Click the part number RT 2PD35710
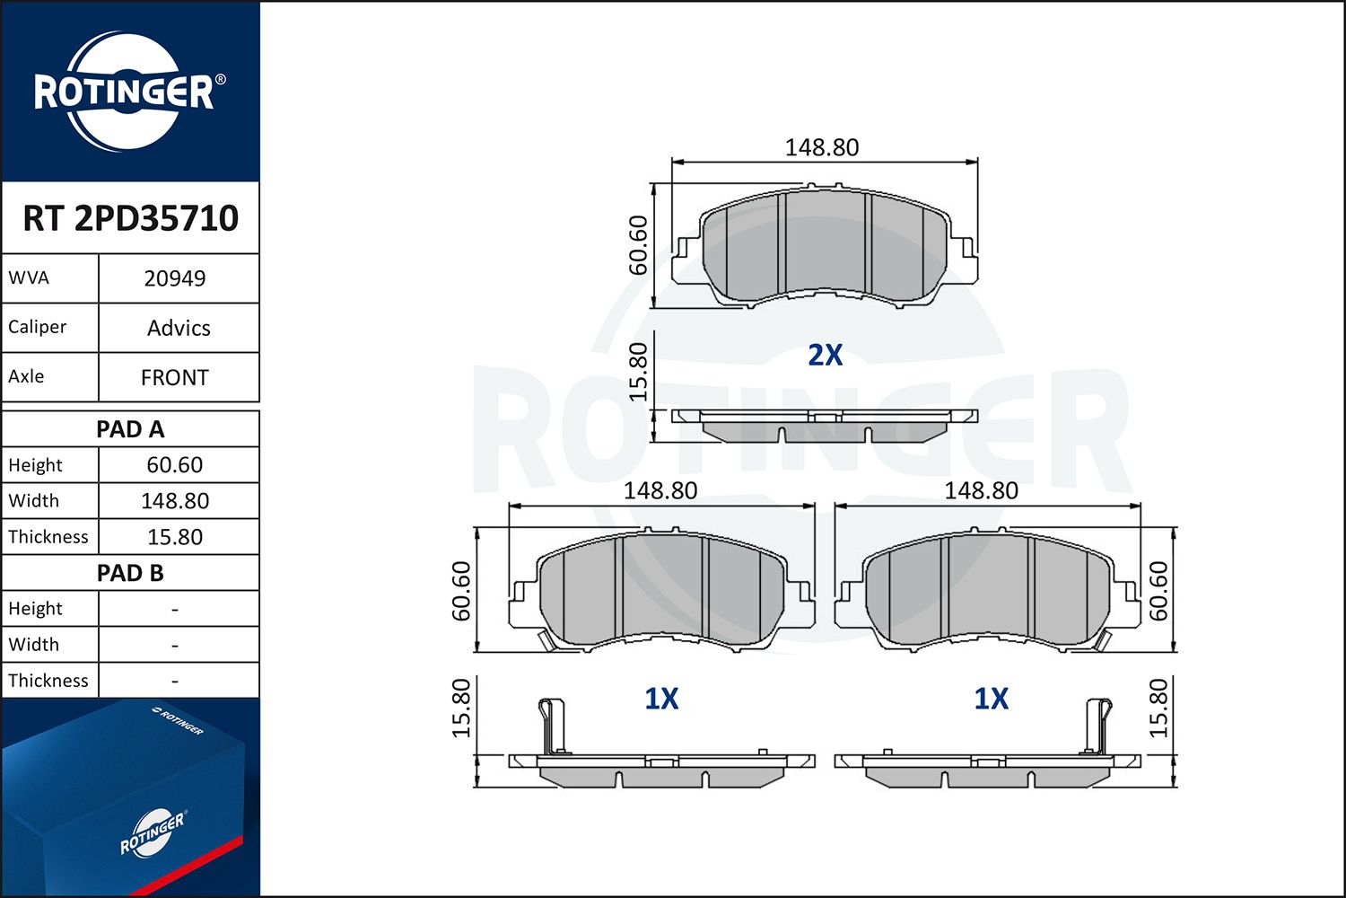(x=130, y=217)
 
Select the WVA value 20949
(x=175, y=278)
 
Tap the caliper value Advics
(x=179, y=328)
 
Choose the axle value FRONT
(x=175, y=378)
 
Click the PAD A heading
(x=130, y=429)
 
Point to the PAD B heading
(x=130, y=573)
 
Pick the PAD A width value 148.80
(x=175, y=501)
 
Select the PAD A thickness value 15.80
(x=175, y=537)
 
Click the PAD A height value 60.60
(x=175, y=465)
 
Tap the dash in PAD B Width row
(x=175, y=646)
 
